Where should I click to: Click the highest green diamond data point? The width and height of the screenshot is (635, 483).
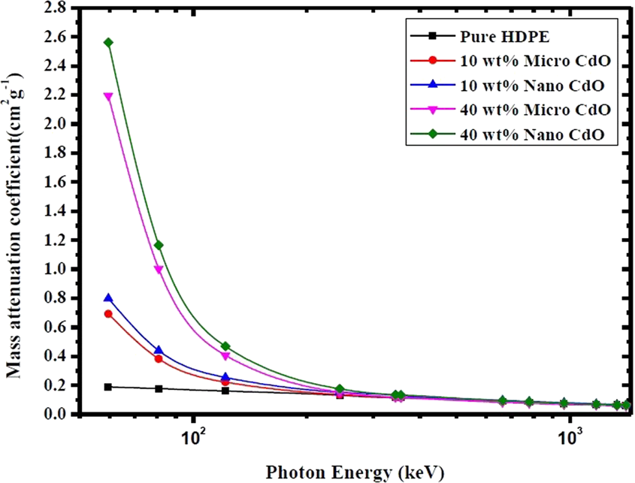pyautogui.click(x=108, y=42)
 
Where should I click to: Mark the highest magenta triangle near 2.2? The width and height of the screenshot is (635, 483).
pyautogui.click(x=108, y=96)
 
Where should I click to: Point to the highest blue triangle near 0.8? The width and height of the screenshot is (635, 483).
pyautogui.click(x=108, y=298)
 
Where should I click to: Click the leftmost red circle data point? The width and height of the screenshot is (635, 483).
pyautogui.click(x=108, y=314)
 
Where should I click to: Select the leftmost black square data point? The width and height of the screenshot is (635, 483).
pyautogui.click(x=108, y=387)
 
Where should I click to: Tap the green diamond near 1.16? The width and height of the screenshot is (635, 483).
pyautogui.click(x=159, y=245)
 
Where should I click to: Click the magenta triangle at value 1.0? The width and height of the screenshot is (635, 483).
pyautogui.click(x=159, y=269)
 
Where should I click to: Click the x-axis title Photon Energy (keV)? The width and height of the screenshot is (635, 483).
pyautogui.click(x=355, y=472)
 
